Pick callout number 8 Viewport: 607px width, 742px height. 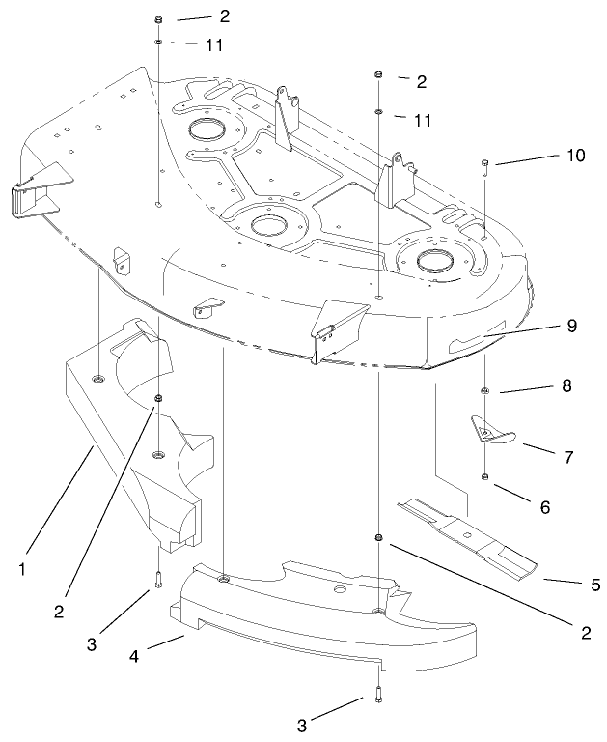pyautogui.click(x=567, y=386)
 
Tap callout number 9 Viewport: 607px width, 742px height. pyautogui.click(x=572, y=326)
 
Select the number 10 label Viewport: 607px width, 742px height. pyautogui.click(x=576, y=157)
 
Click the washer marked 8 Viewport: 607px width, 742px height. pyautogui.click(x=484, y=389)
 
